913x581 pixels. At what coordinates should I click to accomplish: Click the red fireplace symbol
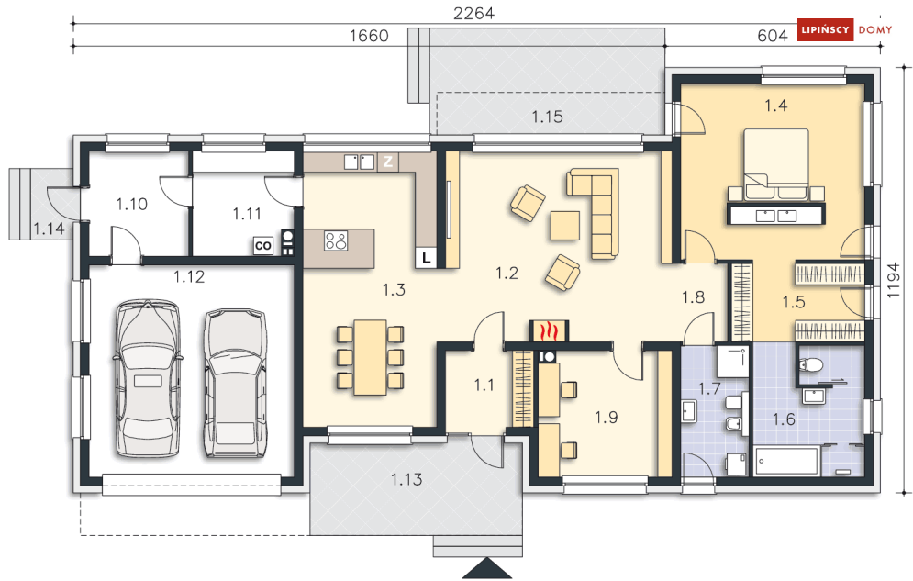548,330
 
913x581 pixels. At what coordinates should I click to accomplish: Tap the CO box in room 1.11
263,246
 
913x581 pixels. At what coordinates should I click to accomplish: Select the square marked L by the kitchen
427,258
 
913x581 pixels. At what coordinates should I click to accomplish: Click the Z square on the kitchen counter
388,162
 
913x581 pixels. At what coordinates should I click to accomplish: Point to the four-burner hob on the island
336,240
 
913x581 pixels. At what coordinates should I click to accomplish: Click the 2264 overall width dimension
473,13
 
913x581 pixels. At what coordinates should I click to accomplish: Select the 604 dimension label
772,36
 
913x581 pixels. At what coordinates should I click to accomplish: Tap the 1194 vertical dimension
892,280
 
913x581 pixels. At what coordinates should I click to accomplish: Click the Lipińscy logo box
825,29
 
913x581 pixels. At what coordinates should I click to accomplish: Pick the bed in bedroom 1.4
776,164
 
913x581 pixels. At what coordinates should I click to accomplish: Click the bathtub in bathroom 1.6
786,461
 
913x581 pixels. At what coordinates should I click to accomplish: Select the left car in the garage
147,378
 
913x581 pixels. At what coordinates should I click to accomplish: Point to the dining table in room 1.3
371,357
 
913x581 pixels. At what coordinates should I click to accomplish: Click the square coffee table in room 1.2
565,225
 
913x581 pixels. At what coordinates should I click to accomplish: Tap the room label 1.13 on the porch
406,480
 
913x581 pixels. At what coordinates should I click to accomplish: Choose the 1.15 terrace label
547,117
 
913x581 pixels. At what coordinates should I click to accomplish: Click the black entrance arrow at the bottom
486,568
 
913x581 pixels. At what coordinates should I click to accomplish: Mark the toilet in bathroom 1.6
810,365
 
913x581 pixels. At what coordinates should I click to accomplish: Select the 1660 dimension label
369,36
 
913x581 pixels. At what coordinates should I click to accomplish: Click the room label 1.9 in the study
607,418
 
